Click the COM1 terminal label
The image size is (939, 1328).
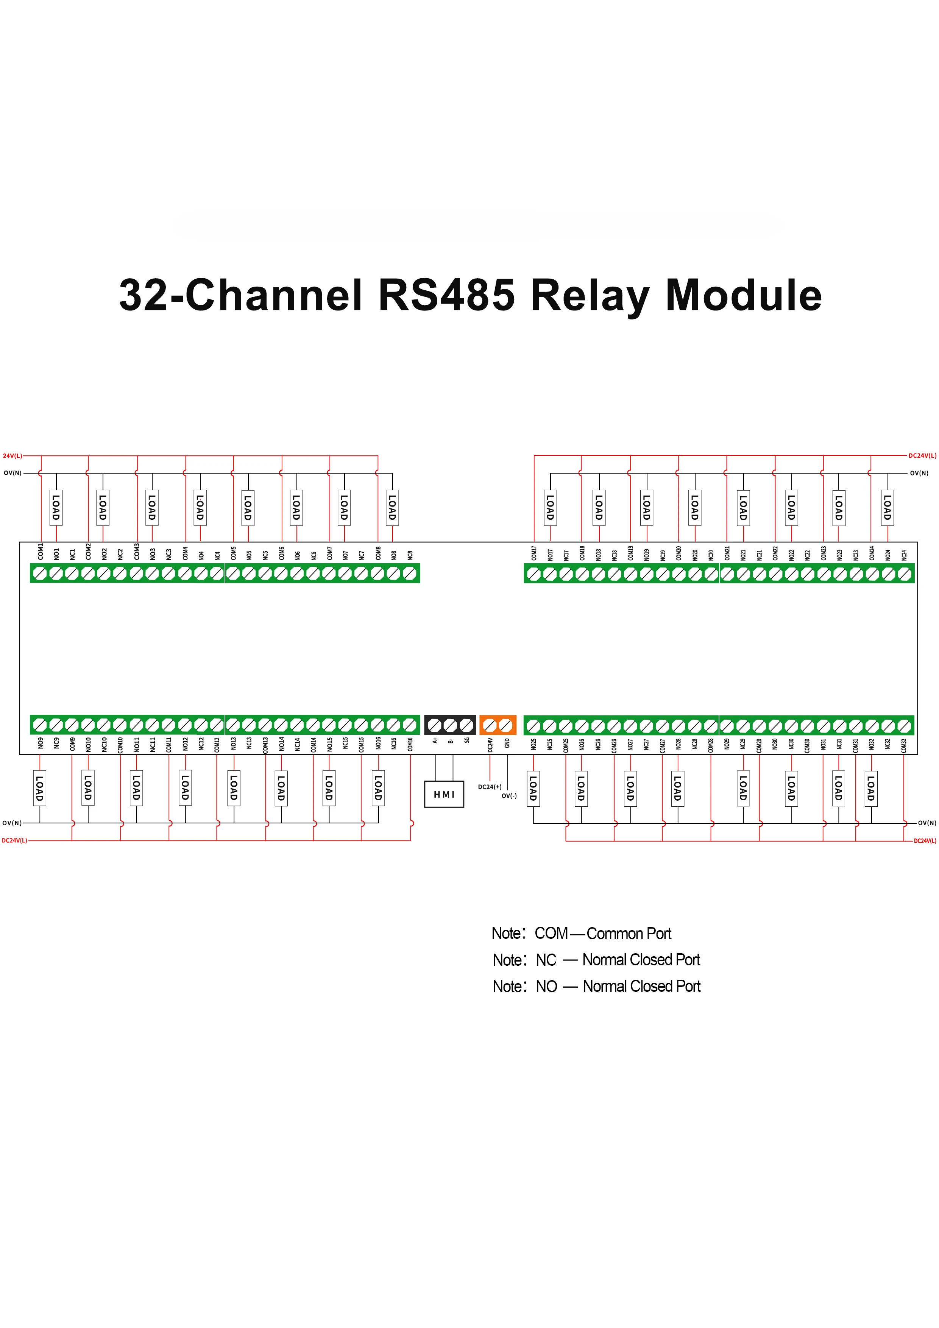tap(41, 552)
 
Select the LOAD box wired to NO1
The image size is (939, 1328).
tap(56, 507)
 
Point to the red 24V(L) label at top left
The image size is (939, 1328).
tap(12, 456)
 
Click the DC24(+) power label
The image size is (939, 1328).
tap(490, 787)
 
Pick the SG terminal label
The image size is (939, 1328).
tap(467, 740)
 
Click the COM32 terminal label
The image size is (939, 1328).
tap(904, 745)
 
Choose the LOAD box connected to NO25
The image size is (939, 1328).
tap(533, 788)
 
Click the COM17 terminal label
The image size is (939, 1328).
tap(534, 553)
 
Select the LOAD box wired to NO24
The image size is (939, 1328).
tap(887, 507)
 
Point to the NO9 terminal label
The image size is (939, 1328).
tap(41, 743)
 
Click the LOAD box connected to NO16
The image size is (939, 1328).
tap(378, 788)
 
